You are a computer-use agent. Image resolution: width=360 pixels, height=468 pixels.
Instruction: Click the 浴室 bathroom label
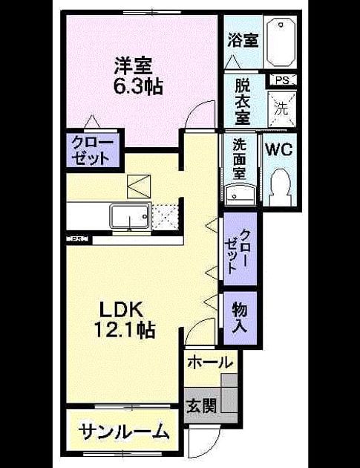point(243,40)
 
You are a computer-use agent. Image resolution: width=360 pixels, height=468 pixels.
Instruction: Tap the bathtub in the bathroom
point(281,42)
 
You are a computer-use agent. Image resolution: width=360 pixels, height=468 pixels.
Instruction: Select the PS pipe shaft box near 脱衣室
point(283,80)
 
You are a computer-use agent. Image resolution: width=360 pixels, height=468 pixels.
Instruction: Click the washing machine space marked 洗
point(281,109)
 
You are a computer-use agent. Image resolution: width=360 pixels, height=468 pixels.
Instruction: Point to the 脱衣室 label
point(243,102)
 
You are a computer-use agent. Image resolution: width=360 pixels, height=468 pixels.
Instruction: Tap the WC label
point(279,149)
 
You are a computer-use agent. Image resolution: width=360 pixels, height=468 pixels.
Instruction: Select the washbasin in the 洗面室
point(240,195)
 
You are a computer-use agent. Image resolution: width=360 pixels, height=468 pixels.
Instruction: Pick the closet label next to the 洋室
point(93,151)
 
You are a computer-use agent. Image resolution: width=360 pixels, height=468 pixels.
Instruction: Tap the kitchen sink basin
point(130,215)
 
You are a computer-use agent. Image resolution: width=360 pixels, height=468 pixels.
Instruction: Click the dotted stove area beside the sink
point(165,217)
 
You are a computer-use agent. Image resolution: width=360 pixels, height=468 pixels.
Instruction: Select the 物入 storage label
point(240,317)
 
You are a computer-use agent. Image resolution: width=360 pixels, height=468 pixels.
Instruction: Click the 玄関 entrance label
point(202,405)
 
